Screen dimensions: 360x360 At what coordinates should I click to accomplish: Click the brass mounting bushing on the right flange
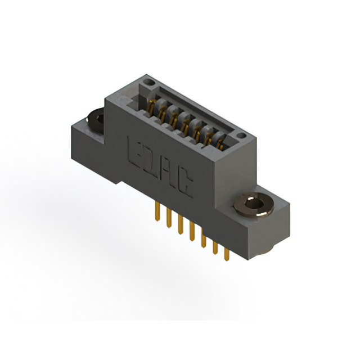[254, 205]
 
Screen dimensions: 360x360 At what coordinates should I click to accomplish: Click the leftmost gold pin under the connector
[157, 211]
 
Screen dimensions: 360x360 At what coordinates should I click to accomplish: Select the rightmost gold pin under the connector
[227, 254]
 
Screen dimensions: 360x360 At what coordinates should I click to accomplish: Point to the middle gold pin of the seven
[192, 231]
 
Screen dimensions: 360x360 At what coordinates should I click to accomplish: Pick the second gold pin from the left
[169, 218]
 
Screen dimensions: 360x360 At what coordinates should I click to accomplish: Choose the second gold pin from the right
[215, 247]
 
